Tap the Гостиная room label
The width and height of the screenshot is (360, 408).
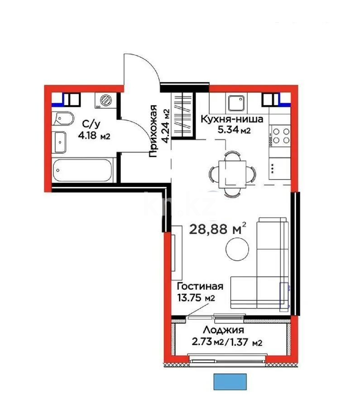(x=200, y=287)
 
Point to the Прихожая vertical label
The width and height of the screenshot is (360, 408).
(x=154, y=131)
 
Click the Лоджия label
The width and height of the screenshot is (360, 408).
(x=224, y=330)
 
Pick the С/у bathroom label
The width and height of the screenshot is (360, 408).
(x=88, y=124)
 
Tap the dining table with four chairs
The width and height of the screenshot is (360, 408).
(x=232, y=173)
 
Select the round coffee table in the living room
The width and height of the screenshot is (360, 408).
(x=237, y=250)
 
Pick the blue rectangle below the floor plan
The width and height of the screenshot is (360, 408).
(x=230, y=381)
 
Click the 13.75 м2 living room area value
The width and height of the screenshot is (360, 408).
(x=196, y=298)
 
